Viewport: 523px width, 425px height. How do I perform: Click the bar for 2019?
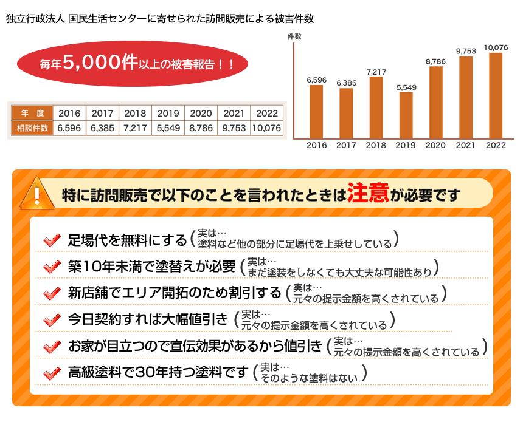(x=406, y=115)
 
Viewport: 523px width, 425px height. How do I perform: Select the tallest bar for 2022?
(x=496, y=95)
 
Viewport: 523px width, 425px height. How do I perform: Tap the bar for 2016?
(x=316, y=112)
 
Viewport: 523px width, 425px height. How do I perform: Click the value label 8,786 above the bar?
(x=435, y=61)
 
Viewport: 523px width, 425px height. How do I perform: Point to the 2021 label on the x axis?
(x=466, y=146)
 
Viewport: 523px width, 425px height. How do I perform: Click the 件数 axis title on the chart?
(x=294, y=36)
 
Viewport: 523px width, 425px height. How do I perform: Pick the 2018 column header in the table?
(x=135, y=114)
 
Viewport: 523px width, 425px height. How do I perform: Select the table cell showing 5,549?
(x=168, y=128)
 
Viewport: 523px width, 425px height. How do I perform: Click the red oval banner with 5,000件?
(x=133, y=63)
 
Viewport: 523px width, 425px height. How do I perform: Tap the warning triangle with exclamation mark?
(x=36, y=193)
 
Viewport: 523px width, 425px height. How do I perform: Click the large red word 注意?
(x=369, y=193)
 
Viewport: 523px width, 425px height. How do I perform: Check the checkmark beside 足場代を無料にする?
(x=52, y=240)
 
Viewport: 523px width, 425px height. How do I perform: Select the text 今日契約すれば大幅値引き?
(x=148, y=320)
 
